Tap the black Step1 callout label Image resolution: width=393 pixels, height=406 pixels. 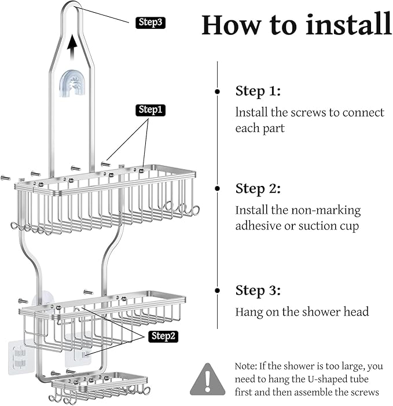point(150,109)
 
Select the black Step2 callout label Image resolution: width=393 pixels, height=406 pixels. point(163,336)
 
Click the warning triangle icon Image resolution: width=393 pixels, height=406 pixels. point(208,379)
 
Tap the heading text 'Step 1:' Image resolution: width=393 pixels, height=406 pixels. point(258,91)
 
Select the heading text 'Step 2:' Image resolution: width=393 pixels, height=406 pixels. point(258,189)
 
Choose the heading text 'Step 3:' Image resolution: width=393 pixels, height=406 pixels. point(258,290)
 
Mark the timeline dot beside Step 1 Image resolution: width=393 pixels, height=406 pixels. point(217,92)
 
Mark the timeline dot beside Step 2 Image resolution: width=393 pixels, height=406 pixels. point(217,189)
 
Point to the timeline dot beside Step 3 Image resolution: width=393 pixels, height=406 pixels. point(217,290)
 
